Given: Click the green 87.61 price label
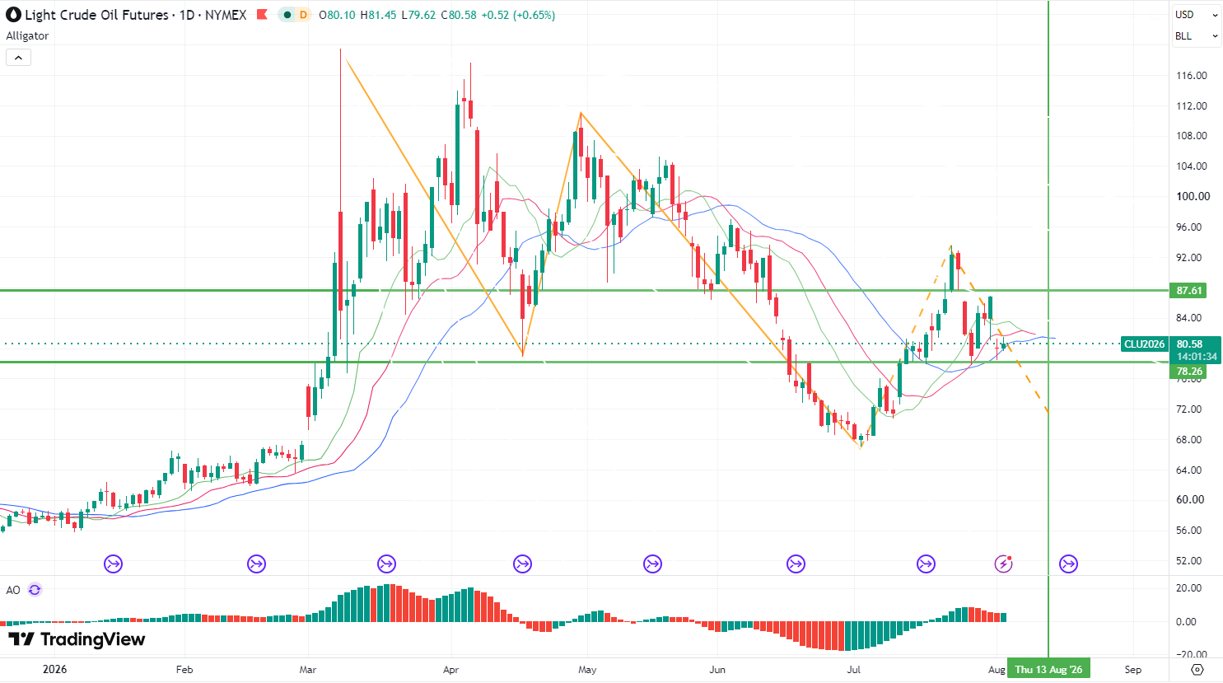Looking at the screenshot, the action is pos(1188,291).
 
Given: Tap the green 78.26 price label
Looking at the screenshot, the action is pos(1188,372).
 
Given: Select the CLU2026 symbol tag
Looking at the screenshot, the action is pos(1144,344).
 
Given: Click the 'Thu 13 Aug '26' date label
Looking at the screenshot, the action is pos(1048,669).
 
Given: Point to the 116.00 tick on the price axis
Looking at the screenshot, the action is pos(1192,76).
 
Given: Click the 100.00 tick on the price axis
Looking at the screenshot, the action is pos(1193,197).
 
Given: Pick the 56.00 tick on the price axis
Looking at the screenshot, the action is pos(1189,530).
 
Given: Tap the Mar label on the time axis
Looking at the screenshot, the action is pos(308,669).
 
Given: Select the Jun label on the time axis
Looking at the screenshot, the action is pos(717,669).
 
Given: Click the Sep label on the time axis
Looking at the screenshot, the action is pos(1133,669).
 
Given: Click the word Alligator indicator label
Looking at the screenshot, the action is pos(27,36).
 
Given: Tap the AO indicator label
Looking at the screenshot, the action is pos(13,590).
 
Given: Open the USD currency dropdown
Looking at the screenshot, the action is pos(1196,15).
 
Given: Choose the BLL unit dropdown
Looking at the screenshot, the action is pos(1196,36).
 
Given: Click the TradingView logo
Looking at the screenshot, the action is pos(77,639).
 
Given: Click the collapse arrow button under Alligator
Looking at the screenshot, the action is pos(19,58).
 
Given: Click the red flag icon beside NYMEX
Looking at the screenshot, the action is pos(262,14).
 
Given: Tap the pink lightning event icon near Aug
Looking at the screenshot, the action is pos(1003,564).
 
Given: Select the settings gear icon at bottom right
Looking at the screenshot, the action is pos(1197,669).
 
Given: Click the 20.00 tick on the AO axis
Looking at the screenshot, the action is pos(1189,588).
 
